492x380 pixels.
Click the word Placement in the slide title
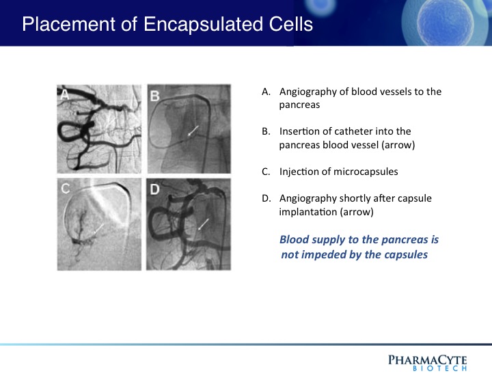tap(69, 25)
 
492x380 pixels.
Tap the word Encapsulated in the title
tap(203, 25)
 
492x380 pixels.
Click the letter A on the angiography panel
tap(64, 94)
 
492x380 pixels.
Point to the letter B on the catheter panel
tap(154, 96)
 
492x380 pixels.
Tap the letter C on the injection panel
tap(66, 189)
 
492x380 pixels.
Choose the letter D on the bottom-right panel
tap(154, 189)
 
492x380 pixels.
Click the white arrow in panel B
tap(193, 131)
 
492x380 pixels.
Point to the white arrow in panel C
tap(99, 229)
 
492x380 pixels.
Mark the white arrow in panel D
tap(204, 224)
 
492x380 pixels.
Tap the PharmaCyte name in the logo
tap(427, 360)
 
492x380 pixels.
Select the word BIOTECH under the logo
tap(439, 368)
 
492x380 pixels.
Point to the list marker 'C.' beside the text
tap(266, 172)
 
